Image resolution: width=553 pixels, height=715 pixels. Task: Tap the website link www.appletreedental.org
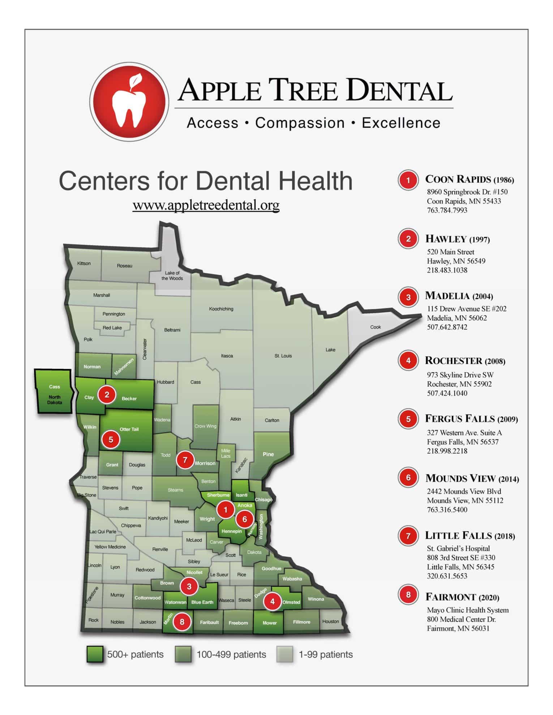[x=206, y=205]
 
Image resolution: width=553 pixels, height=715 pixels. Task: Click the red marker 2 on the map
[x=107, y=395]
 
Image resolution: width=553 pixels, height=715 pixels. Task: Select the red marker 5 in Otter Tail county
[x=111, y=439]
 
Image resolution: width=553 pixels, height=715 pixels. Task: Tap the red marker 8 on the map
[x=182, y=621]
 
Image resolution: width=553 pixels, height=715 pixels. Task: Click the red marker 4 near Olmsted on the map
[x=273, y=601]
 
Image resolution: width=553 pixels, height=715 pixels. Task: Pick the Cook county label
[x=376, y=327]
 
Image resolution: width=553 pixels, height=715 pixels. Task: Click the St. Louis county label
[x=283, y=356]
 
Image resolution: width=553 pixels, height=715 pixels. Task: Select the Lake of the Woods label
[x=172, y=276]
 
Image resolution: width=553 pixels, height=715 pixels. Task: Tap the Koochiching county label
[x=221, y=309]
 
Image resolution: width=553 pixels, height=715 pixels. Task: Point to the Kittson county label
[x=84, y=264]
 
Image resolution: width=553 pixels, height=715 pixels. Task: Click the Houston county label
[x=330, y=621]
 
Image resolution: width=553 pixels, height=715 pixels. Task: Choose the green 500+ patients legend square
[x=95, y=654]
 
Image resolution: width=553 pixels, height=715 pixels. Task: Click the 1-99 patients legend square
[x=285, y=654]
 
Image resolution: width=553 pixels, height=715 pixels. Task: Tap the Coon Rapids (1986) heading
[x=469, y=179]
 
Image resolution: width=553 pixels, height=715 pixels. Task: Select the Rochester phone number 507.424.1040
[x=447, y=393]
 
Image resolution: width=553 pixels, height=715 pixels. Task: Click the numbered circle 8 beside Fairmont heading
[x=408, y=595]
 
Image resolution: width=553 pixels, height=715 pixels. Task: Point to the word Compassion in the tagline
[x=300, y=123]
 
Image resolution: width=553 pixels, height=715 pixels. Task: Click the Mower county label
[x=270, y=623]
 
